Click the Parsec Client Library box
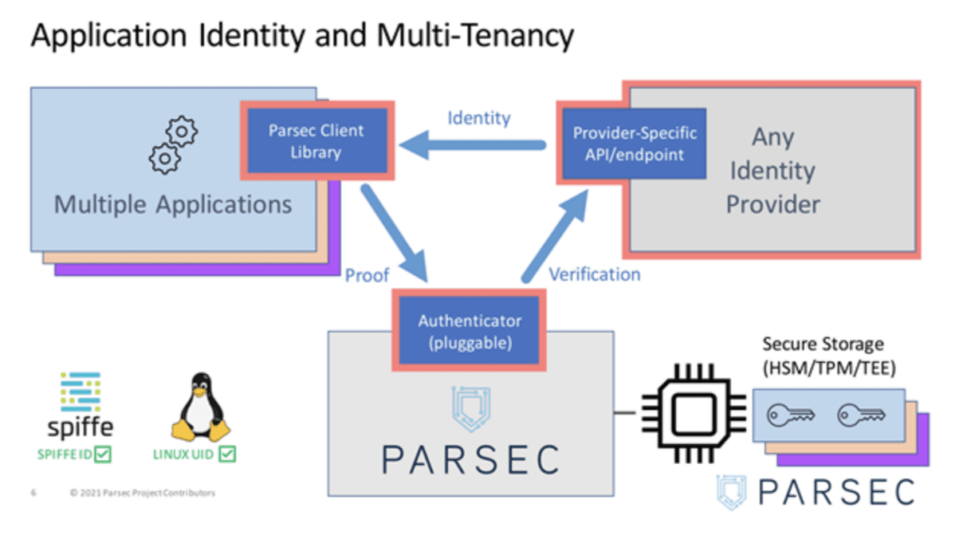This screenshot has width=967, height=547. click(316, 142)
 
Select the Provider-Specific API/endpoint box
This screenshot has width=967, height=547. click(635, 144)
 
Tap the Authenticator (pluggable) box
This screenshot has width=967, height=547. click(469, 332)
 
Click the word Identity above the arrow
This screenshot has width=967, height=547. click(479, 118)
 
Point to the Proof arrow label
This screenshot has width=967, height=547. click(366, 275)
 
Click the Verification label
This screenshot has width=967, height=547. click(594, 274)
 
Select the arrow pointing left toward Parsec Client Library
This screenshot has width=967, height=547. click(472, 145)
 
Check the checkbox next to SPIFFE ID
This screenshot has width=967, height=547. click(103, 455)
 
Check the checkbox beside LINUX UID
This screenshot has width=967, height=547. click(227, 455)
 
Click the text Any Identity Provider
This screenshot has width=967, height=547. click(772, 170)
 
